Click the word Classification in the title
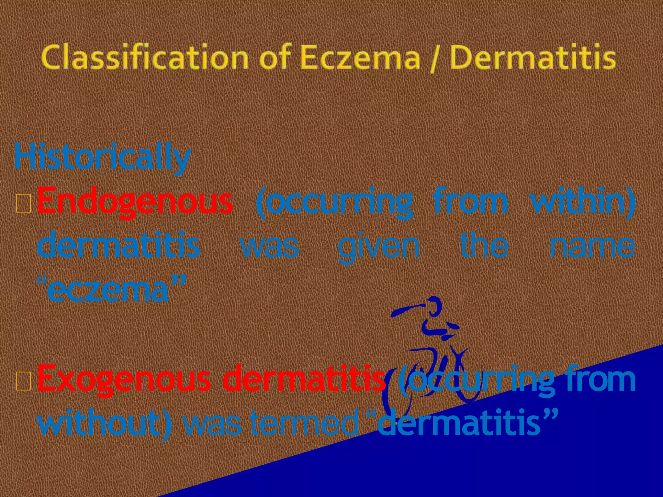[x=144, y=58]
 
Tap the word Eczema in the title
[x=359, y=58]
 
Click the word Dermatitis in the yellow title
[x=533, y=58]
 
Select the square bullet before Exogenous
[x=24, y=381]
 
